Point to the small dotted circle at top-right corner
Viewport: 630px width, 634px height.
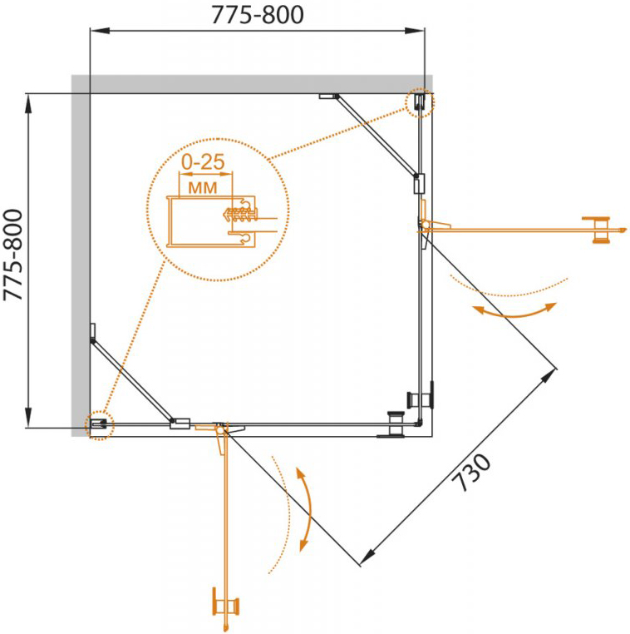(419, 102)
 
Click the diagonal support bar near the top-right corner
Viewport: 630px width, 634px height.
(376, 136)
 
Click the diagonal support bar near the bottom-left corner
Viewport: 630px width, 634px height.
(133, 379)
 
